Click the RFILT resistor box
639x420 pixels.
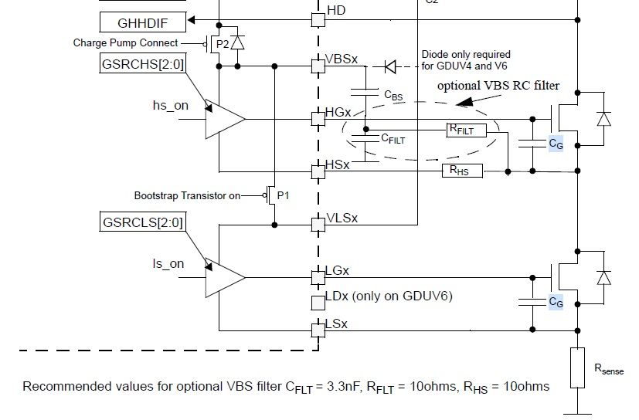coord(467,130)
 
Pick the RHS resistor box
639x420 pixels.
coord(461,170)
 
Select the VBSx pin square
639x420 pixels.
coord(318,66)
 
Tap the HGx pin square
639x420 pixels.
coord(318,119)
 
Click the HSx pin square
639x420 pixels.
coord(318,171)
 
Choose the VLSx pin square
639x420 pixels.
coord(318,225)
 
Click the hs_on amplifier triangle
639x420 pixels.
coord(224,119)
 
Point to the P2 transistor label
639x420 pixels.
coord(223,44)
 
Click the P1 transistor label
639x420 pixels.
coord(284,195)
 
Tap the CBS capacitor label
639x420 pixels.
coord(392,94)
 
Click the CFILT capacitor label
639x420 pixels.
coord(393,139)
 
